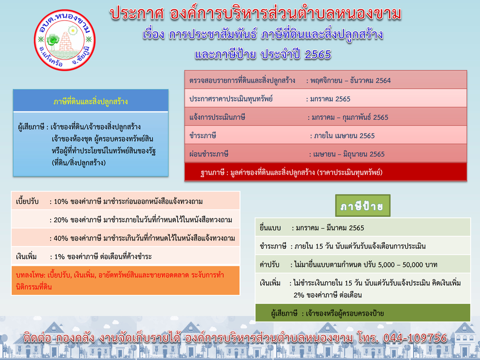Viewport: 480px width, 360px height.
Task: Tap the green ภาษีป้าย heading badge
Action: (x=362, y=206)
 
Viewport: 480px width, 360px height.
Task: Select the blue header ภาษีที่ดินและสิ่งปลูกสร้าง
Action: (x=90, y=101)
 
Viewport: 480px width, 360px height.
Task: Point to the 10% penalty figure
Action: (x=61, y=202)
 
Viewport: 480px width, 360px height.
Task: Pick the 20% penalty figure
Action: (x=61, y=220)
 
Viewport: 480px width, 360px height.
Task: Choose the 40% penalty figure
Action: (x=61, y=238)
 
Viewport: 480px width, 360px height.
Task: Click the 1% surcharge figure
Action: (x=59, y=256)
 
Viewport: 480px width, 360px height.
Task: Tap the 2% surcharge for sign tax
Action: (x=299, y=295)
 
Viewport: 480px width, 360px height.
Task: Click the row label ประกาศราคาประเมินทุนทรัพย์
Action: (x=231, y=99)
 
